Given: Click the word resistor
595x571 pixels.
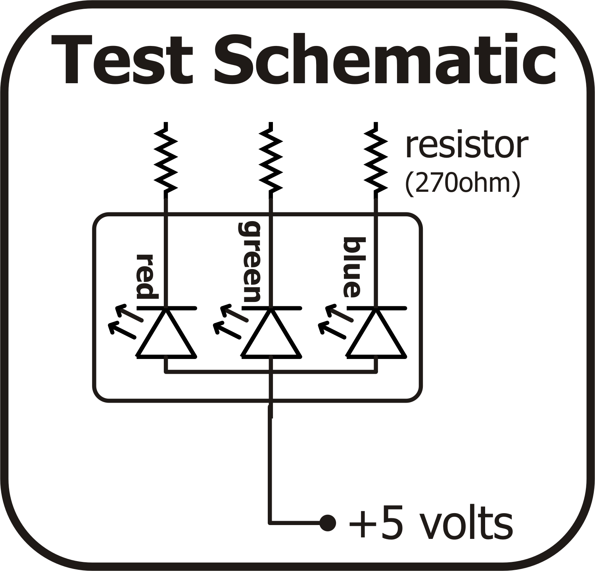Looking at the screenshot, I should (x=466, y=146).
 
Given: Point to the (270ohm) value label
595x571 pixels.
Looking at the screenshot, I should (x=462, y=183).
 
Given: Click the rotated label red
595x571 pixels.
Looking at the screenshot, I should (x=147, y=276).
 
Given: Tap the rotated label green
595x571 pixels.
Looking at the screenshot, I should (x=250, y=262).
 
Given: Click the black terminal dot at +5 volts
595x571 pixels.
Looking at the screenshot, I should (x=328, y=523).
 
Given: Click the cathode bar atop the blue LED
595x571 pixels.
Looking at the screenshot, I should (x=376, y=308).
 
